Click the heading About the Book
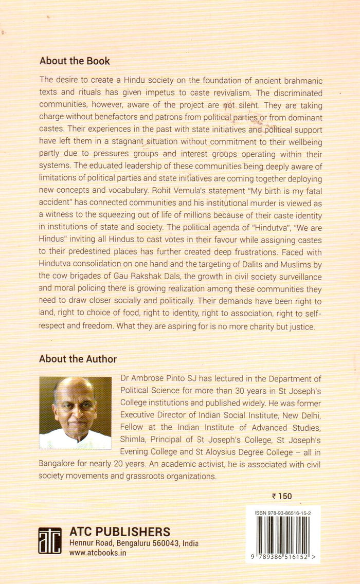pos(75,61)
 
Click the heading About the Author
pos(78,359)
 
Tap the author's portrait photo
pos(75,413)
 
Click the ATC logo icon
pos(49,540)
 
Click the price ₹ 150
pos(281,496)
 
